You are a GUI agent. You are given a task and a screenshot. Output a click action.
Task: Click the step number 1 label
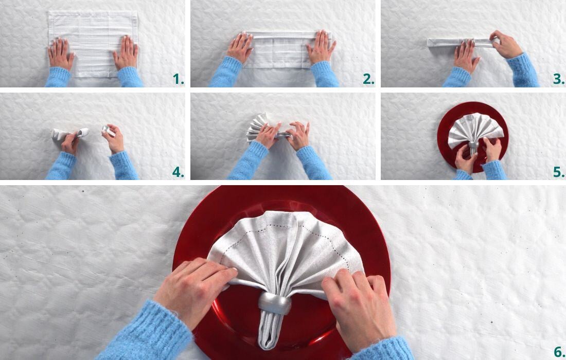[x=178, y=79]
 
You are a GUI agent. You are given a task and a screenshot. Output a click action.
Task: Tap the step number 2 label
[x=368, y=79]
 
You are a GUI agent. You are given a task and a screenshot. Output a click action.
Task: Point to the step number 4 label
[x=178, y=172]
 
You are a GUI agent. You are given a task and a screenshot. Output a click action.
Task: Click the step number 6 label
[x=559, y=352]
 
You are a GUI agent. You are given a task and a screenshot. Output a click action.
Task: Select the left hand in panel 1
[x=61, y=53]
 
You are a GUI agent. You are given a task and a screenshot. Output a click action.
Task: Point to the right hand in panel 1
[x=126, y=53]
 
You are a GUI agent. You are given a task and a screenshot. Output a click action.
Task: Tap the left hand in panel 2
[x=240, y=48]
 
